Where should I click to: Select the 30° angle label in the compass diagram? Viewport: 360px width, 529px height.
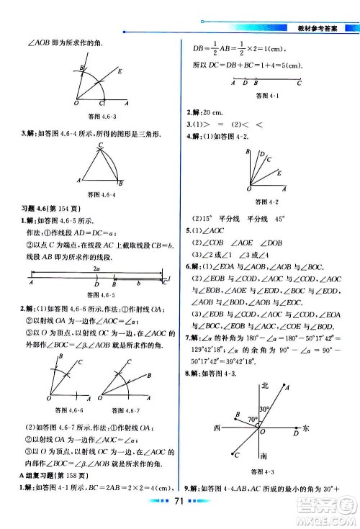pyautogui.click(x=265, y=409)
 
